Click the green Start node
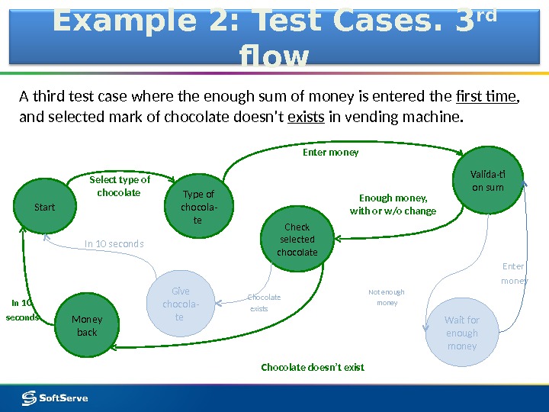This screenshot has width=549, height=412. [x=45, y=207]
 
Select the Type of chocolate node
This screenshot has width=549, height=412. [x=198, y=207]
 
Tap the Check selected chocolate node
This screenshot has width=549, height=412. [x=297, y=238]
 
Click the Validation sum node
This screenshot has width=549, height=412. [x=488, y=181]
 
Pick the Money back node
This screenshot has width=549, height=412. [x=87, y=326]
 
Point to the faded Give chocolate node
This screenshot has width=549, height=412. [x=181, y=304]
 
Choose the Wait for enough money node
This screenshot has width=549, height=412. [x=462, y=333]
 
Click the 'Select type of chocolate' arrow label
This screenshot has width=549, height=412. [x=120, y=186]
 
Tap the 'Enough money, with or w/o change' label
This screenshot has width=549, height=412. [x=393, y=204]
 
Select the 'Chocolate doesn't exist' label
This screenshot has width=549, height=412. [x=313, y=368]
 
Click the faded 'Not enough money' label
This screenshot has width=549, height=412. [x=387, y=298]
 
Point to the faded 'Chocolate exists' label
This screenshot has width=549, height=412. [x=264, y=303]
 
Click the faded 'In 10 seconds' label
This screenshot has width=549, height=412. [x=114, y=244]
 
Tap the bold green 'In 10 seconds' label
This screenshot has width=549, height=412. [x=23, y=310]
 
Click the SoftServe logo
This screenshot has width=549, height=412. [x=55, y=398]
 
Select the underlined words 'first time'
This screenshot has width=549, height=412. [x=486, y=97]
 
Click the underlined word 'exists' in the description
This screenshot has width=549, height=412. [x=306, y=118]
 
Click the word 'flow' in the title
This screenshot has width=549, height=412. [x=274, y=56]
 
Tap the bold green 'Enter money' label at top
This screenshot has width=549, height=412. [x=330, y=153]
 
